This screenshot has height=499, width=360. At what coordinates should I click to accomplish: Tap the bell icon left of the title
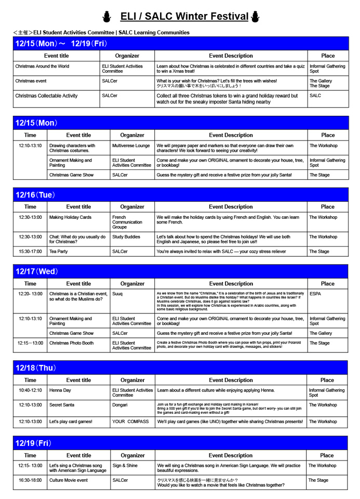pos(108,18)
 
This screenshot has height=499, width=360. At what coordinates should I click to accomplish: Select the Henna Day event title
pos(60,389)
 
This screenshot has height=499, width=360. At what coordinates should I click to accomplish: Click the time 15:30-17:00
pos(30,251)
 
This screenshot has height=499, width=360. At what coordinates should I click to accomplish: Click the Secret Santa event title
pos(63,404)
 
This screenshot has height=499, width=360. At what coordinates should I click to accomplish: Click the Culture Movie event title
pos(69,480)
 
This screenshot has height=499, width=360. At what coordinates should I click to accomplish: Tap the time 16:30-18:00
pos(30,480)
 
